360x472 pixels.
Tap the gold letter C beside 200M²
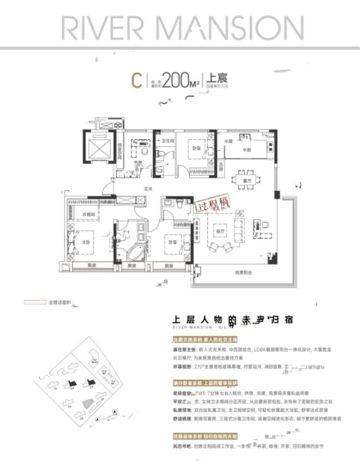[x=138, y=80]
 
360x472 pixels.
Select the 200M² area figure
[x=183, y=80]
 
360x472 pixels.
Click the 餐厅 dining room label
[x=247, y=180]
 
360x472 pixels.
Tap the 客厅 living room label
[x=221, y=231]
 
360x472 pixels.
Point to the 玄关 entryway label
[x=147, y=188]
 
